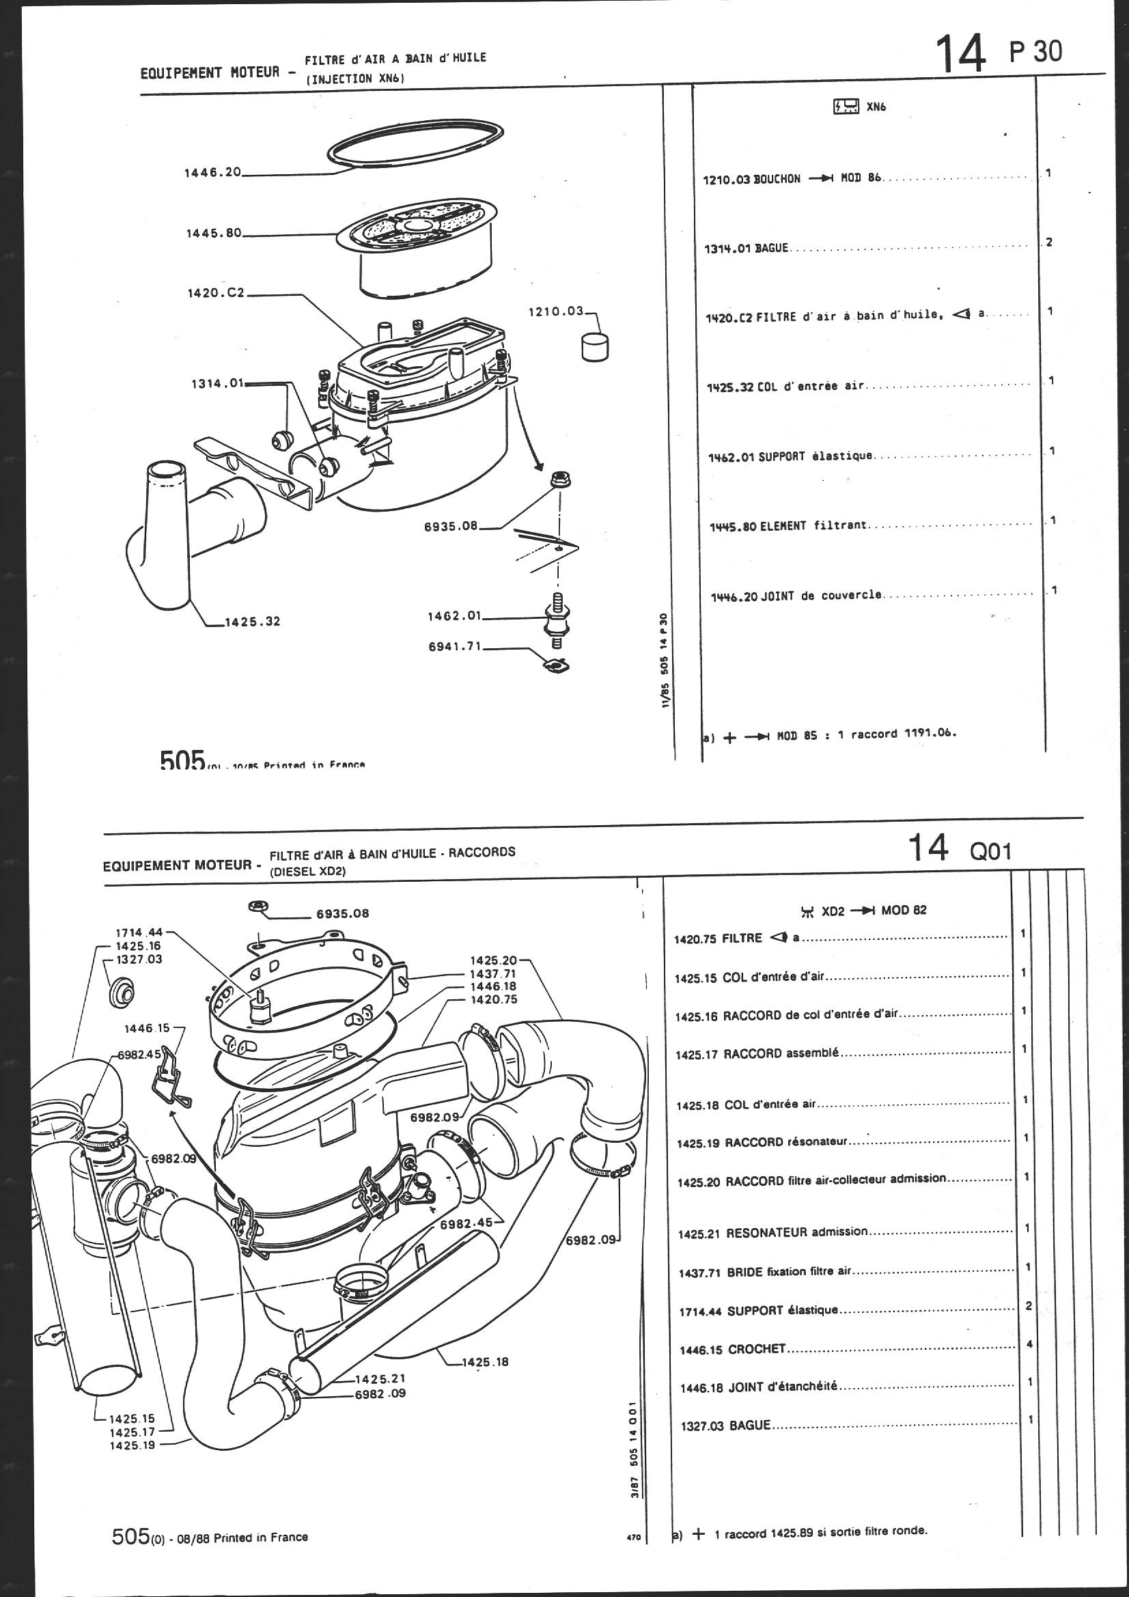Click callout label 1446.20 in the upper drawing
click(212, 173)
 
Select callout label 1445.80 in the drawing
click(213, 233)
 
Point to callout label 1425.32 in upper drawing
click(252, 621)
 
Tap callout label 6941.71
click(455, 646)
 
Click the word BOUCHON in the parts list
click(777, 179)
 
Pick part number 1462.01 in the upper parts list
click(731, 457)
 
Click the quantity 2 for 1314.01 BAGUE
click(1049, 242)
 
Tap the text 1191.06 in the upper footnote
click(930, 732)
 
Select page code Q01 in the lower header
click(990, 851)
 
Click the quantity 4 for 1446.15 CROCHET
click(1029, 1344)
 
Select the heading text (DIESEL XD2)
click(307, 871)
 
